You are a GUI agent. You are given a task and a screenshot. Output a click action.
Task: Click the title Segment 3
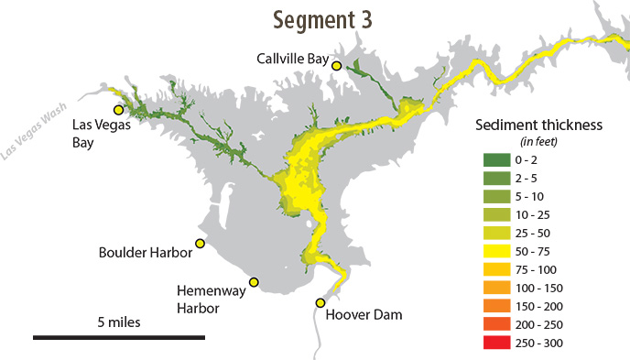[x=328, y=18]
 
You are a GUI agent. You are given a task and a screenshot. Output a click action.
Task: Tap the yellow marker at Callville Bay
[x=337, y=65]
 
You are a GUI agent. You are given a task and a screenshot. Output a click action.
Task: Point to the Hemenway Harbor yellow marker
[x=254, y=282]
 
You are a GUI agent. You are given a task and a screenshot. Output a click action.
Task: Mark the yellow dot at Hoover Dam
[x=320, y=302]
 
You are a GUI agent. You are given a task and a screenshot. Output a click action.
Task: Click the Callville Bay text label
[x=292, y=59]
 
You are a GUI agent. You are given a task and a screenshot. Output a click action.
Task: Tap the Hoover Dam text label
[x=364, y=315]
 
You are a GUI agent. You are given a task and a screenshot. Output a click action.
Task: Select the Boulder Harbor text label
[x=146, y=252]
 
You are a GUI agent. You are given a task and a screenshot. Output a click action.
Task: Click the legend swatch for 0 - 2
[x=497, y=160]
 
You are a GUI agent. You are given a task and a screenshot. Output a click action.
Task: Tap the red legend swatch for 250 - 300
[x=497, y=344]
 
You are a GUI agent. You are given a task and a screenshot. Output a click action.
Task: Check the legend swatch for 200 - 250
[x=497, y=325]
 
